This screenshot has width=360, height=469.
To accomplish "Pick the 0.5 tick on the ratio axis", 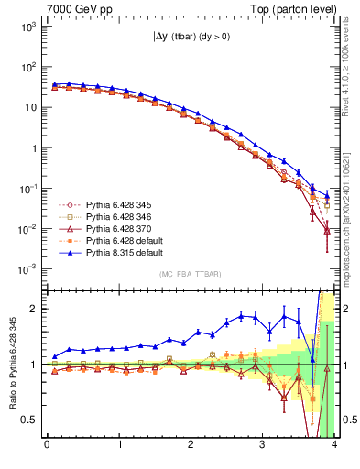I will [29, 420].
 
